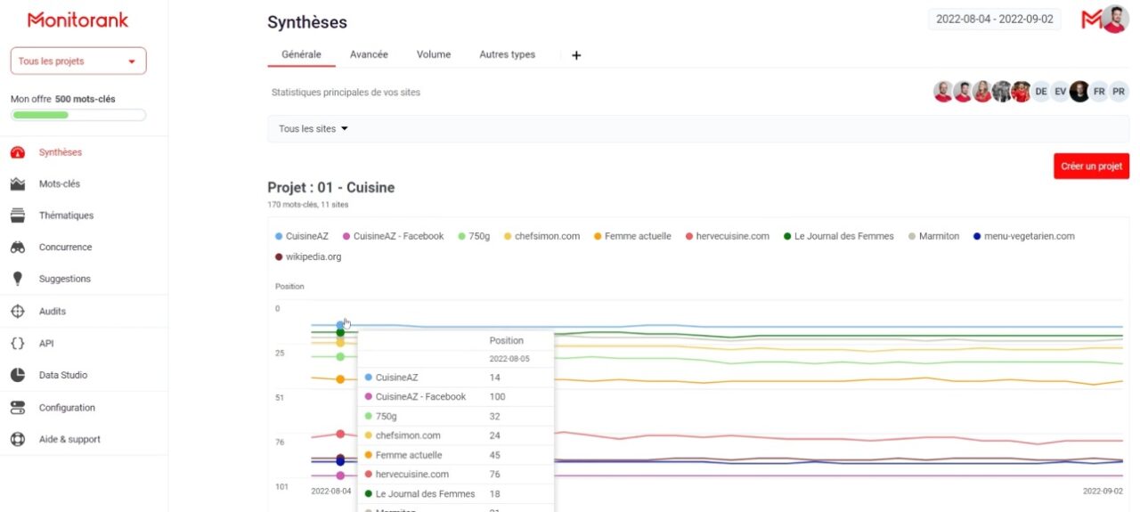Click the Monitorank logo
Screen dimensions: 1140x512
(x=77, y=20)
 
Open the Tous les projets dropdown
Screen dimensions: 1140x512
(x=78, y=61)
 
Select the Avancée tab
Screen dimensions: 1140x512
(x=369, y=54)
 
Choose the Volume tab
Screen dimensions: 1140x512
(x=434, y=54)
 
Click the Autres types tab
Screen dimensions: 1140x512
(x=507, y=54)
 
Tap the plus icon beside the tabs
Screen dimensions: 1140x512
(x=576, y=55)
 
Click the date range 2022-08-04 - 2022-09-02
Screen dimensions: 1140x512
(x=995, y=20)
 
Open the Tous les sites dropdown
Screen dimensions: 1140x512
(x=313, y=129)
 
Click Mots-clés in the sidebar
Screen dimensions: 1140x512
(x=60, y=183)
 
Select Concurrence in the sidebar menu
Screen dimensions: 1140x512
(x=65, y=247)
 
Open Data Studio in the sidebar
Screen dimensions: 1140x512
(x=63, y=375)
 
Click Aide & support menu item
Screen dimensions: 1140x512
(x=69, y=439)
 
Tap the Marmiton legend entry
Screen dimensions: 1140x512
(x=934, y=236)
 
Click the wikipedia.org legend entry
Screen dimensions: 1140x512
(x=308, y=257)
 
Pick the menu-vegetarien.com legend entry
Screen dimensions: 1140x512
(x=1024, y=236)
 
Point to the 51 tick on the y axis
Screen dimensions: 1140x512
(x=280, y=397)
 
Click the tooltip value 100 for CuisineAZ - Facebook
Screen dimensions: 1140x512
(x=497, y=397)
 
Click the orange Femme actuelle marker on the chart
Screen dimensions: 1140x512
(x=340, y=379)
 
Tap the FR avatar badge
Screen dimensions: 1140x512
(x=1099, y=92)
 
